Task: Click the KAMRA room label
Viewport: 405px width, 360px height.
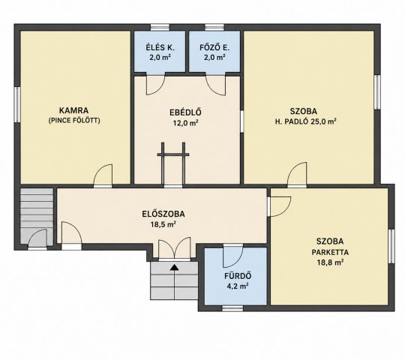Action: [x=73, y=110]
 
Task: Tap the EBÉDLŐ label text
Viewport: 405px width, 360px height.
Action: [x=185, y=112]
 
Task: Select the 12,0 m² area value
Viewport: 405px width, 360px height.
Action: [x=185, y=123]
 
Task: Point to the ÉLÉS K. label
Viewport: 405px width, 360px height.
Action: [x=160, y=47]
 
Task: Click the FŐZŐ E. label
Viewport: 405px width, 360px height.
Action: [x=214, y=47]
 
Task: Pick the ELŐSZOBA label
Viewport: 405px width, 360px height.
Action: [x=163, y=214]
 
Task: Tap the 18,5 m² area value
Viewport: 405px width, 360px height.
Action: [x=163, y=224]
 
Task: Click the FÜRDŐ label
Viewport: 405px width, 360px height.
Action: [x=238, y=276]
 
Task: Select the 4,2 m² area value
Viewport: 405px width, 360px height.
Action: [x=238, y=286]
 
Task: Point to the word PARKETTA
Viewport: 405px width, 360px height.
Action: [x=330, y=252]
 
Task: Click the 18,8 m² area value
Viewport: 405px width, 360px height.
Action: [x=330, y=262]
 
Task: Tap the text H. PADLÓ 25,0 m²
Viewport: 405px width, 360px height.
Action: [x=305, y=121]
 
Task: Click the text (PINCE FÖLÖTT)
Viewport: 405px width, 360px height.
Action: [x=74, y=121]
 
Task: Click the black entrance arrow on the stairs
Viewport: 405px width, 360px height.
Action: [x=175, y=267]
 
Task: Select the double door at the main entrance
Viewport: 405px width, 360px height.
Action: [x=174, y=248]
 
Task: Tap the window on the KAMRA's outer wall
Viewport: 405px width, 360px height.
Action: [x=17, y=104]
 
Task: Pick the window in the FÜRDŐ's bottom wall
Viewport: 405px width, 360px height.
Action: [x=232, y=307]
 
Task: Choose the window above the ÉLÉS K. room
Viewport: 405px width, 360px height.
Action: [x=160, y=27]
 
